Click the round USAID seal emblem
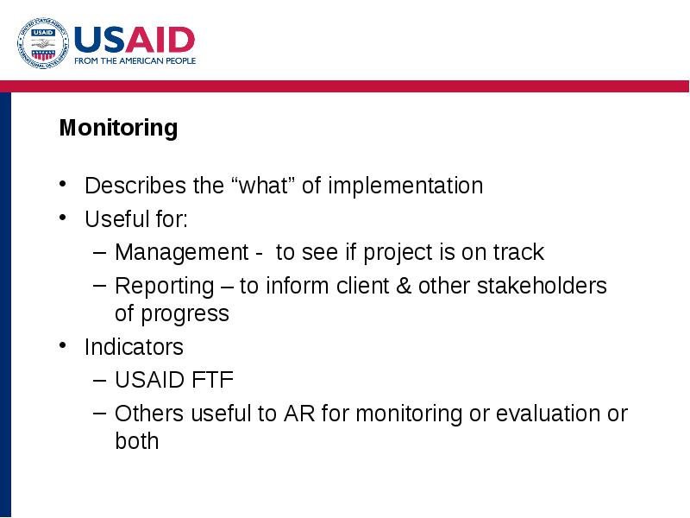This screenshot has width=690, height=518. click(43, 43)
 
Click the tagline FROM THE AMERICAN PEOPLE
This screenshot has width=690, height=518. click(135, 60)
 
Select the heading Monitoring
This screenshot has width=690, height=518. click(118, 129)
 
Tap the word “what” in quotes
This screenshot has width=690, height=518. click(263, 186)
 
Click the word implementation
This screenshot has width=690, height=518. click(405, 186)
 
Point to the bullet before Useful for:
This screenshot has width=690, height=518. click(62, 218)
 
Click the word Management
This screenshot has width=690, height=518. click(182, 253)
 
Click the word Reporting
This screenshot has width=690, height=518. click(165, 287)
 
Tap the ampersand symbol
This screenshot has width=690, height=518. click(404, 286)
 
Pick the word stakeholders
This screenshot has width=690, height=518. click(542, 286)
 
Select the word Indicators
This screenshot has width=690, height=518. click(134, 347)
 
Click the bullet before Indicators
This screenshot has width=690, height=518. click(62, 345)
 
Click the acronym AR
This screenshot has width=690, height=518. click(299, 414)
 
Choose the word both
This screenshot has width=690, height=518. click(137, 441)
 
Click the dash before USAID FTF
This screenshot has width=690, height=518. click(100, 380)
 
